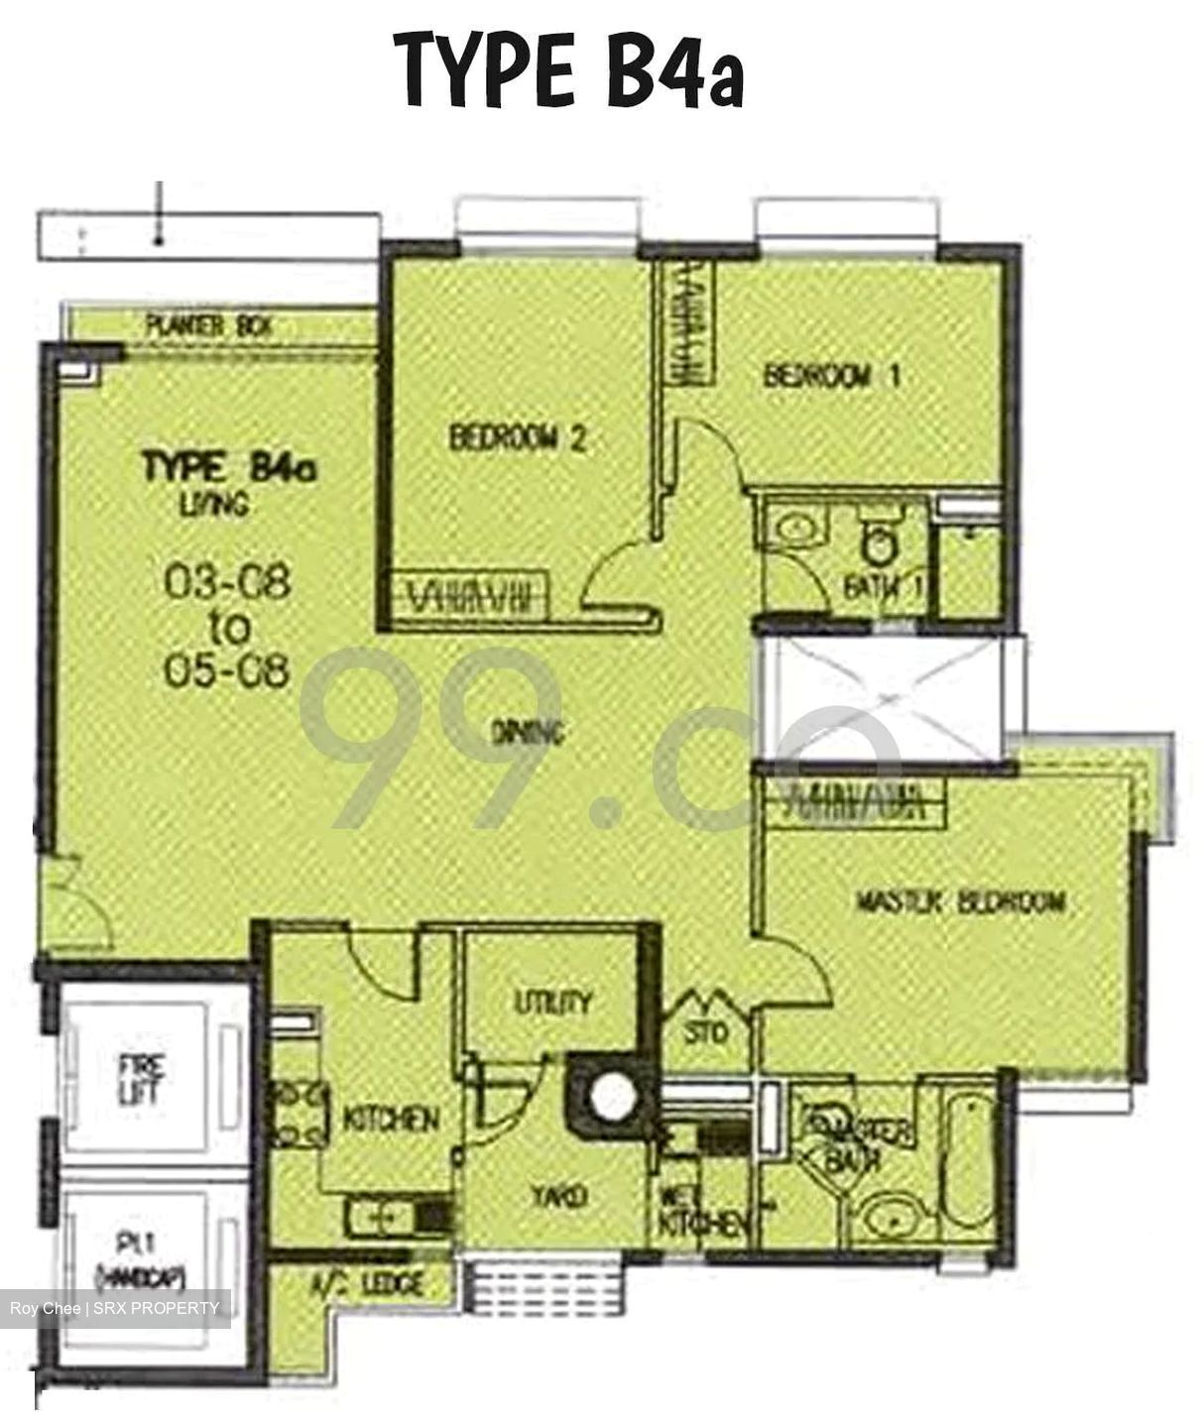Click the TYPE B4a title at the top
pyautogui.click(x=568, y=70)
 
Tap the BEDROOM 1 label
pyautogui.click(x=832, y=376)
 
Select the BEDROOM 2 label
pyautogui.click(x=517, y=437)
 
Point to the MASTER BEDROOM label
pyautogui.click(x=960, y=901)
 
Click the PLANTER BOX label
pyautogui.click(x=208, y=325)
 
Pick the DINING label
pyautogui.click(x=528, y=733)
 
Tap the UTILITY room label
pyautogui.click(x=552, y=1003)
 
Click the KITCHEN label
pyautogui.click(x=391, y=1120)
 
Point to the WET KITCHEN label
pyautogui.click(x=702, y=1211)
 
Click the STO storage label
pyautogui.click(x=706, y=1032)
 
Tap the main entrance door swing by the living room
pyautogui.click(x=77, y=907)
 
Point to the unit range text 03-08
pyautogui.click(x=227, y=582)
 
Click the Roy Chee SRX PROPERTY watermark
pyautogui.click(x=115, y=1308)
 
